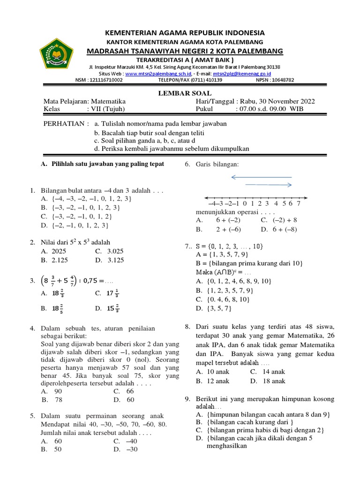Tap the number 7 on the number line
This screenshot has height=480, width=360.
299,203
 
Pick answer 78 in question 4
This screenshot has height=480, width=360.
59,399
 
